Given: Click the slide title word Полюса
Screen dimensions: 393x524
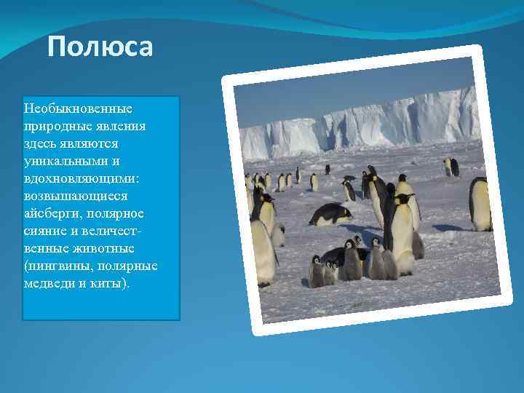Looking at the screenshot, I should [x=100, y=48].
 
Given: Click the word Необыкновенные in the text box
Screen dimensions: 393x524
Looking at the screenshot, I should [x=78, y=108].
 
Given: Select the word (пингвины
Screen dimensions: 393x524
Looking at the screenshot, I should [x=58, y=266].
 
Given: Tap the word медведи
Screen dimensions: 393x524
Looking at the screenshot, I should [x=49, y=283].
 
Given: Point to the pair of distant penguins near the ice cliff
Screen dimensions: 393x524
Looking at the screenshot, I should [x=451, y=167].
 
